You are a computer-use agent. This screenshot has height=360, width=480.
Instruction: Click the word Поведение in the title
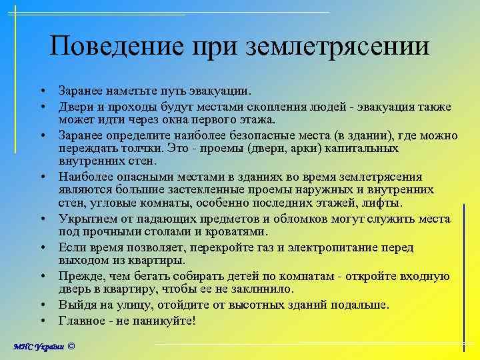click(117, 46)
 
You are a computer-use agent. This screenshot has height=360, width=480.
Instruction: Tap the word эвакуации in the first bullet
click(222, 89)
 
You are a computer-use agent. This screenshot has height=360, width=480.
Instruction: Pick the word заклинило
click(263, 289)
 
